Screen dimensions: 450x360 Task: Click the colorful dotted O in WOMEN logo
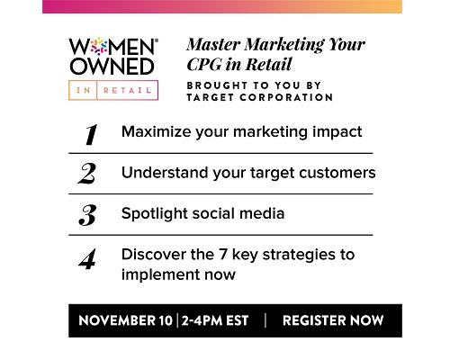click(99, 47)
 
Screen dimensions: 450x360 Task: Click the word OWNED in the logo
click(112, 67)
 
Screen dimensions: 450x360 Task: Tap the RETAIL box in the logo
click(128, 90)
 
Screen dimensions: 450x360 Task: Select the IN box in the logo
click(83, 90)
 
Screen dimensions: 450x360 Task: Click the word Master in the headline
click(213, 44)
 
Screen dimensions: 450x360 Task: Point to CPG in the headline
click(204, 64)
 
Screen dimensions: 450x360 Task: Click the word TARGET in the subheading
click(210, 97)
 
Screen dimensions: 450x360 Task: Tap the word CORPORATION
click(286, 97)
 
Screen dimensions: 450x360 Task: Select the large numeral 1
click(91, 134)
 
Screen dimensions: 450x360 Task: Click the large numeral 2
click(87, 174)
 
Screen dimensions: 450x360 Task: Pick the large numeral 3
click(87, 215)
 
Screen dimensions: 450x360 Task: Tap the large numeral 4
click(87, 259)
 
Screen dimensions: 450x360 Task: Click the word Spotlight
click(155, 214)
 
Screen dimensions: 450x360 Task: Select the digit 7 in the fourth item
click(222, 255)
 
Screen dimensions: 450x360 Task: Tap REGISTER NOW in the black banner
click(333, 320)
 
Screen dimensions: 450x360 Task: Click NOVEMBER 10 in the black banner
click(125, 320)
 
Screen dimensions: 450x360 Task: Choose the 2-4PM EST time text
click(215, 320)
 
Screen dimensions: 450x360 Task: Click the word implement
click(160, 275)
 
